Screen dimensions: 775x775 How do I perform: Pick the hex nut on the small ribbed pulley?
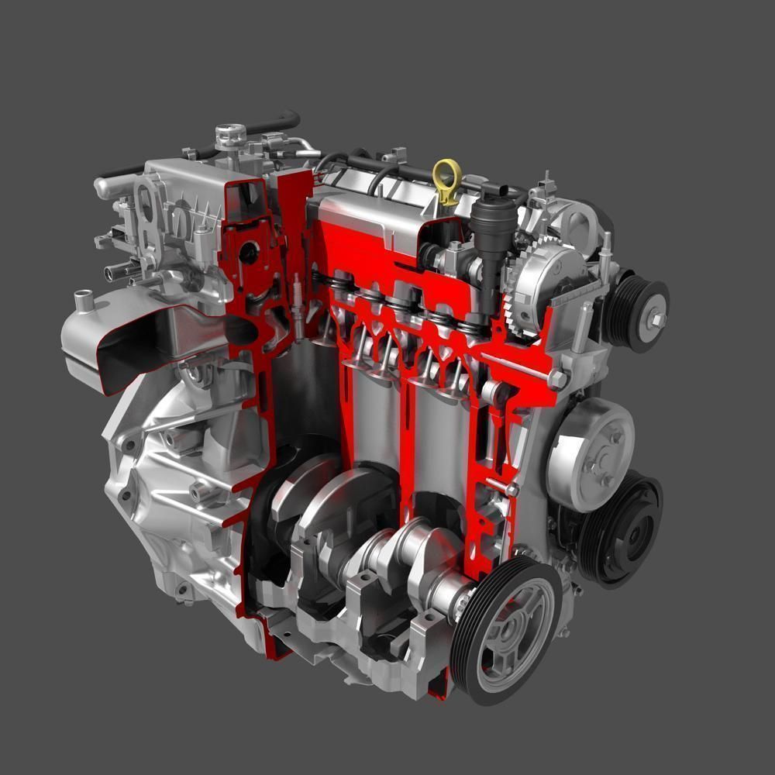658,319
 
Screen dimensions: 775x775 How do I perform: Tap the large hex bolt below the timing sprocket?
558,379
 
